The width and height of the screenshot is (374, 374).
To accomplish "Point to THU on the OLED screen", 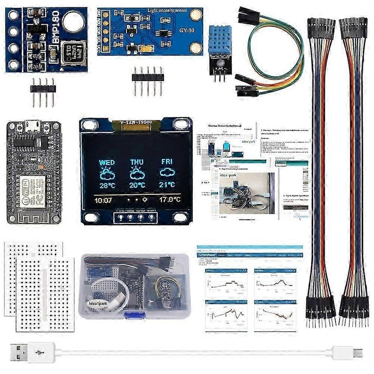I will click(x=137, y=162).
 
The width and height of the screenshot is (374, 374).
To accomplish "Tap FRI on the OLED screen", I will click(x=167, y=162).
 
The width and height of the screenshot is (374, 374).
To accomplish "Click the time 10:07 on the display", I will click(x=104, y=199).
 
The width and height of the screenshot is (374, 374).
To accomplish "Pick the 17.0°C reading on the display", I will click(x=169, y=199).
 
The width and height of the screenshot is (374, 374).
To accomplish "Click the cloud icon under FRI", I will click(x=167, y=173).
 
